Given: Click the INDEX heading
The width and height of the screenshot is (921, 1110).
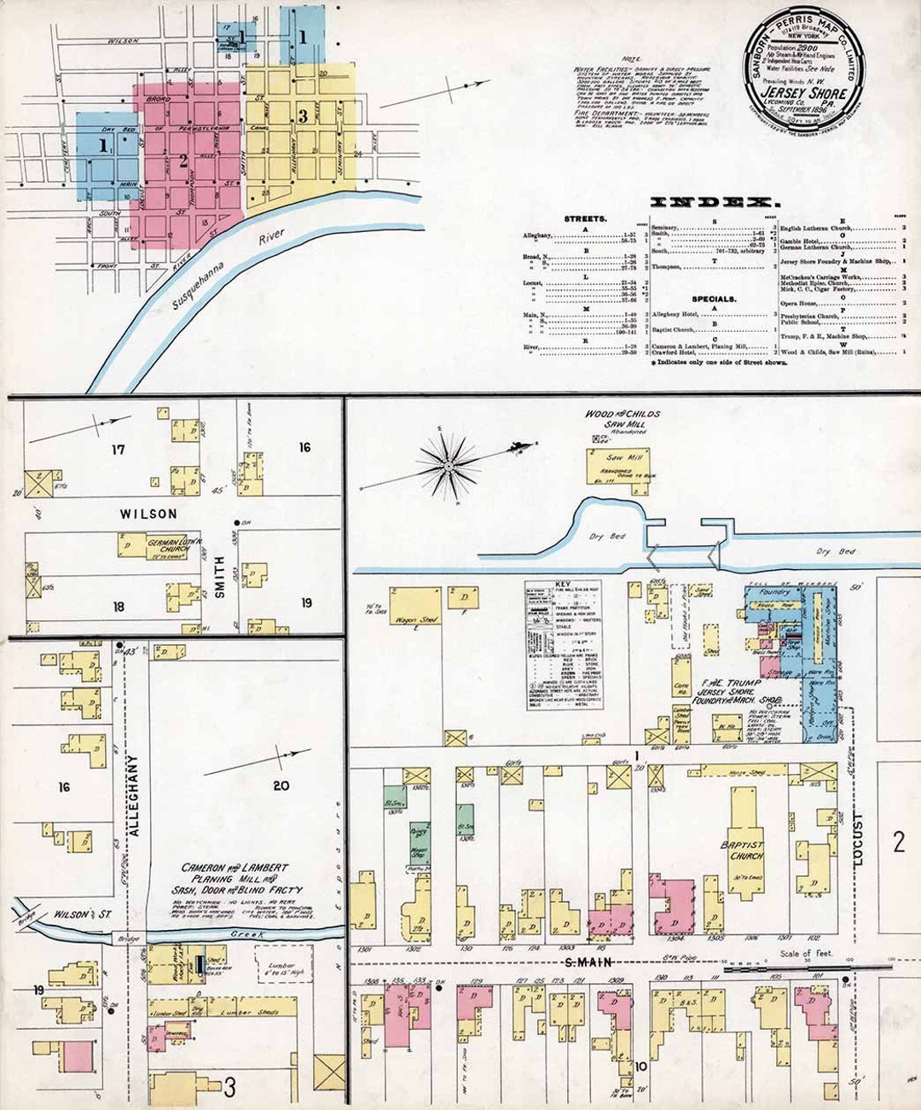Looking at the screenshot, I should pos(715,202).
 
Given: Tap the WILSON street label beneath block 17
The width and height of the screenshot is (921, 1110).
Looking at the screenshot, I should pos(148,514).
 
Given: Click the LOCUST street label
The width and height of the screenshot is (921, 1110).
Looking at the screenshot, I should pos(857,841).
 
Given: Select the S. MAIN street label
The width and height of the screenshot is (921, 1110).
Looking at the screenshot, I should pos(584,962).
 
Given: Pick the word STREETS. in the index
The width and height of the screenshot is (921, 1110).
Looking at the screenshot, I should pos(585,219).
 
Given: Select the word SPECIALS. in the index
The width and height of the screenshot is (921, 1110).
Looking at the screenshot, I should pos(714,299).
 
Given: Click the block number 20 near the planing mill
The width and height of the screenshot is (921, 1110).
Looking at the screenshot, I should pos(281,786).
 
